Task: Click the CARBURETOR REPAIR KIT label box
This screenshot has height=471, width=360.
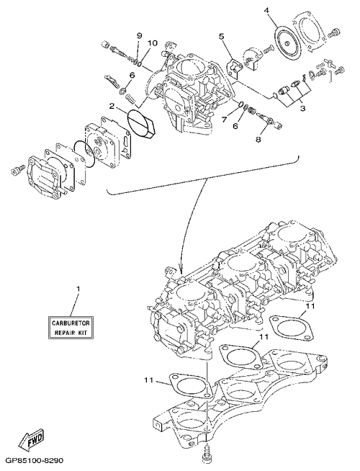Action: click(71, 328)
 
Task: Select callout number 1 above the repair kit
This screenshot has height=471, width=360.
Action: click(78, 289)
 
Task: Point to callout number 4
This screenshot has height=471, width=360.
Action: click(266, 11)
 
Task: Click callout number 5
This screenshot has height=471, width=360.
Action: click(221, 37)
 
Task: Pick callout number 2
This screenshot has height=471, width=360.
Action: click(112, 106)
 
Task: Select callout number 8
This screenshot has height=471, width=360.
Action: click(258, 140)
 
